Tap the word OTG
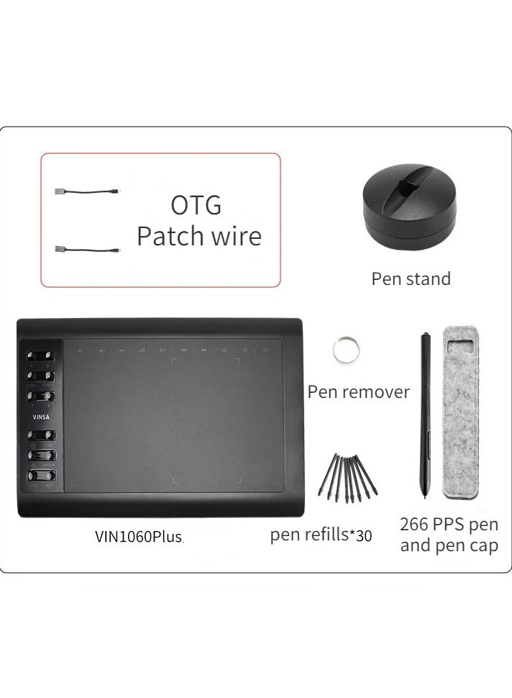(x=196, y=205)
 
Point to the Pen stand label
(x=411, y=278)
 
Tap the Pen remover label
(x=358, y=392)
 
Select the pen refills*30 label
(x=321, y=535)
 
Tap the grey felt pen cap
(x=462, y=413)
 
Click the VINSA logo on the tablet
(x=40, y=415)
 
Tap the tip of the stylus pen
(x=427, y=497)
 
